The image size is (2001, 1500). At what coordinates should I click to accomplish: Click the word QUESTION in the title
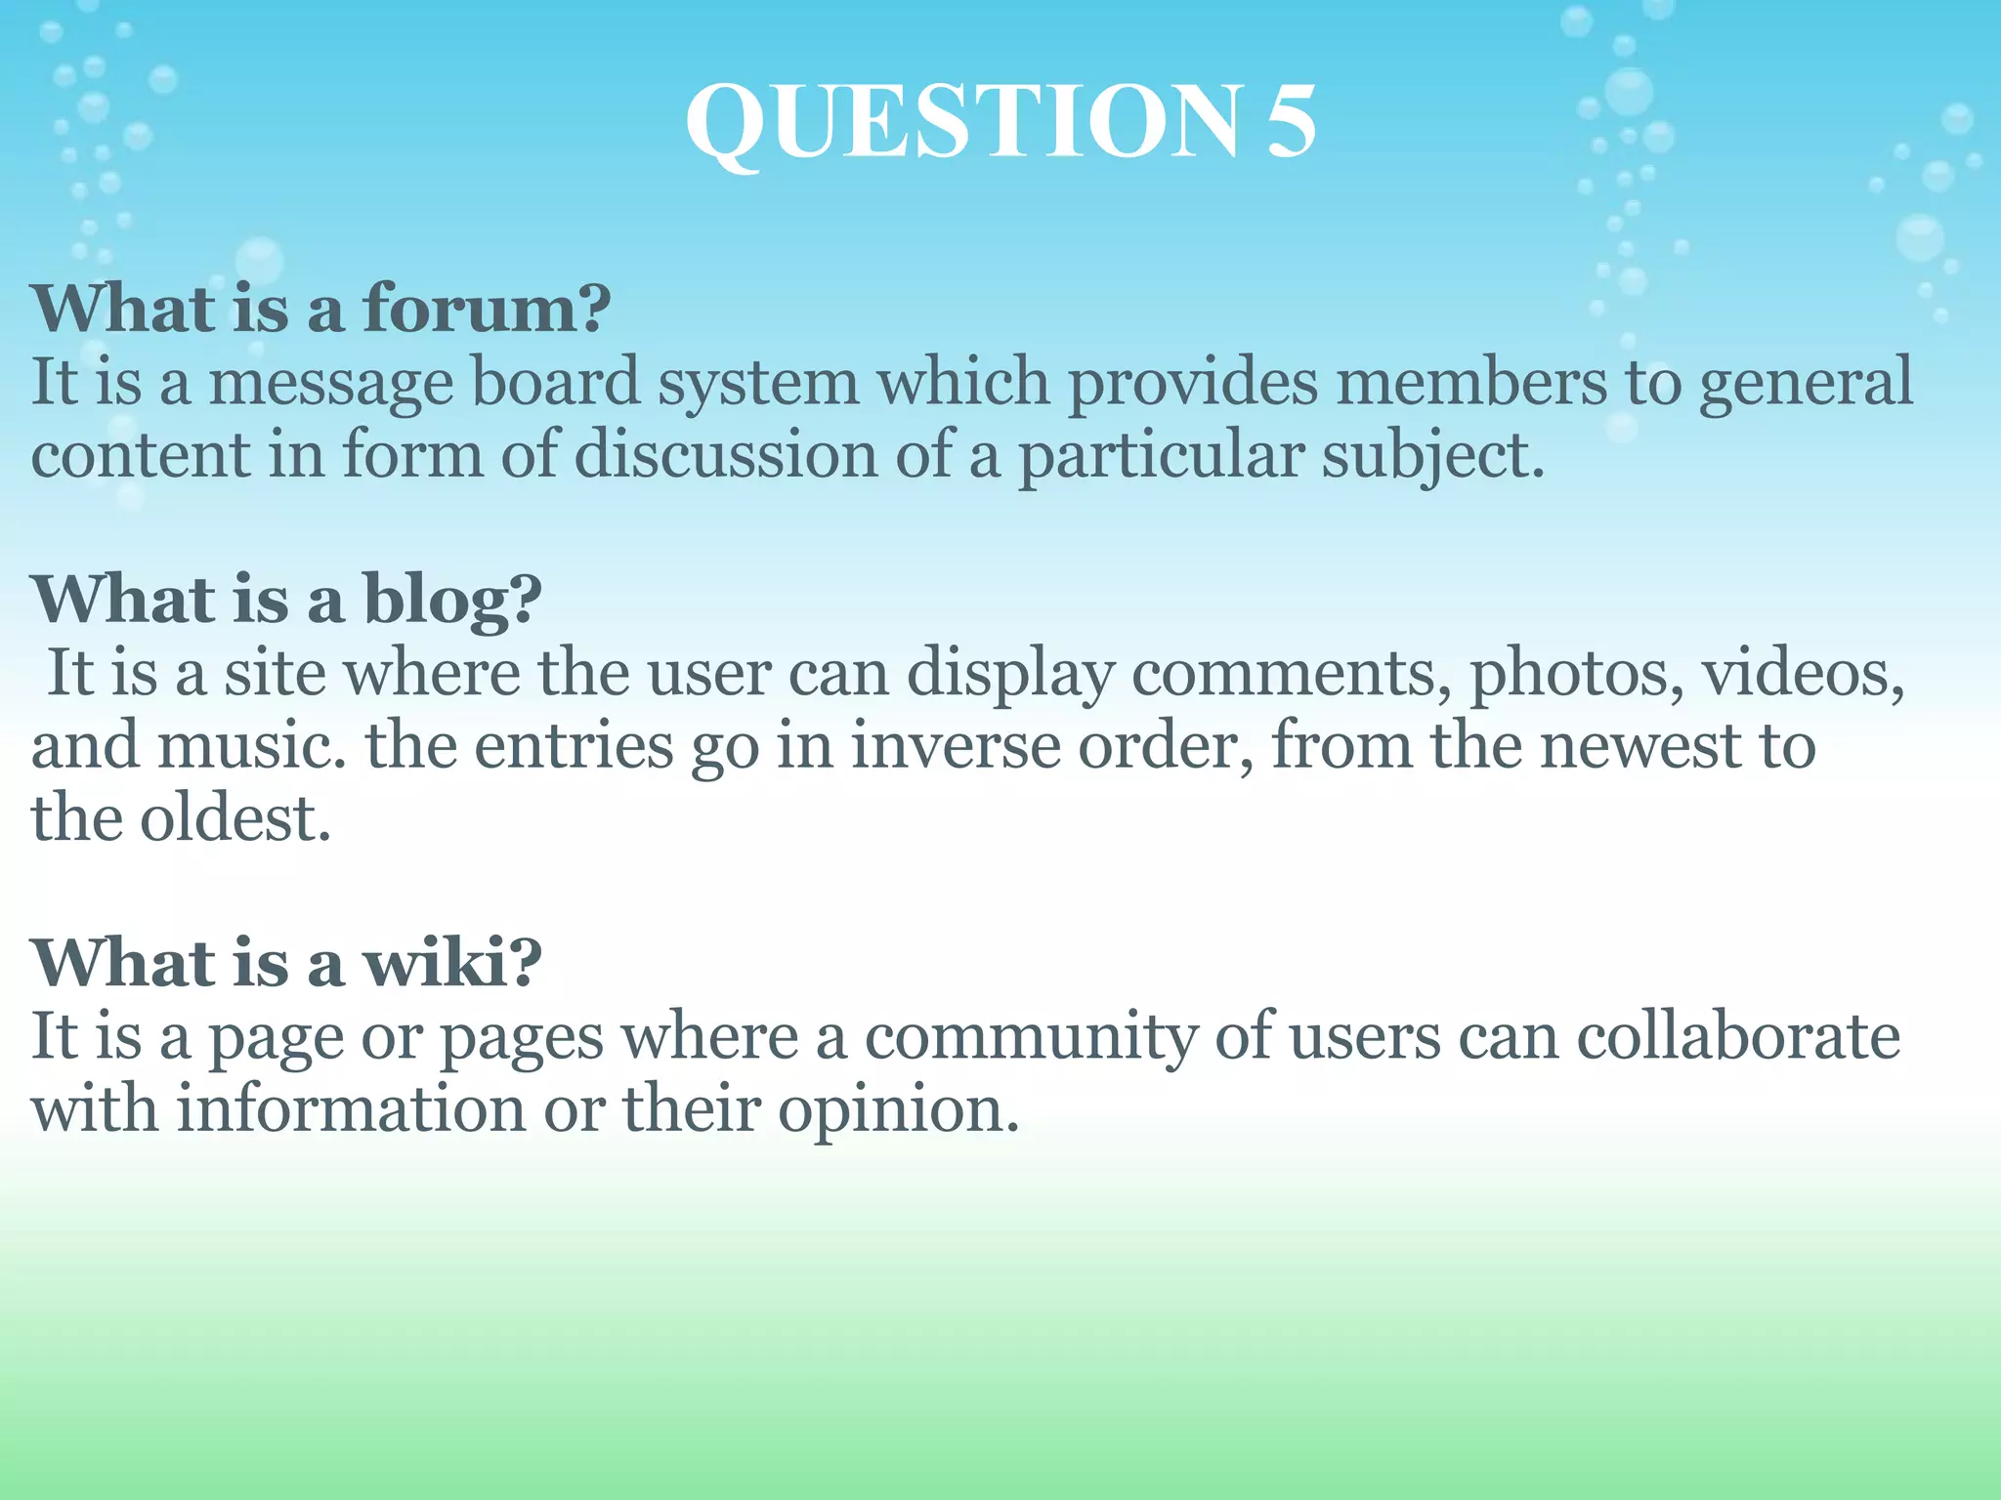click(x=963, y=123)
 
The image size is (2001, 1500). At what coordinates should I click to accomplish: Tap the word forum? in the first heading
click(x=487, y=309)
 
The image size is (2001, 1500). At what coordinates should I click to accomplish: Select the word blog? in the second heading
click(x=452, y=600)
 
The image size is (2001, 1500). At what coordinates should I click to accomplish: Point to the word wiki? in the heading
click(x=452, y=963)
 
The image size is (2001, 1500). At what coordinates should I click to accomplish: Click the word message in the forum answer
click(x=330, y=383)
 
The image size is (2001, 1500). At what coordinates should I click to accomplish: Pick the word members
click(x=1470, y=383)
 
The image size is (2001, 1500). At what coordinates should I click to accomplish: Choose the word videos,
click(x=1804, y=674)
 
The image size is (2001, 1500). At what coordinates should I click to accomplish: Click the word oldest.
click(x=235, y=818)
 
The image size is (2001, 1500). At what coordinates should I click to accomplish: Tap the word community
click(x=1030, y=1037)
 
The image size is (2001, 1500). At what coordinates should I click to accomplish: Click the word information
click(x=351, y=1109)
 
